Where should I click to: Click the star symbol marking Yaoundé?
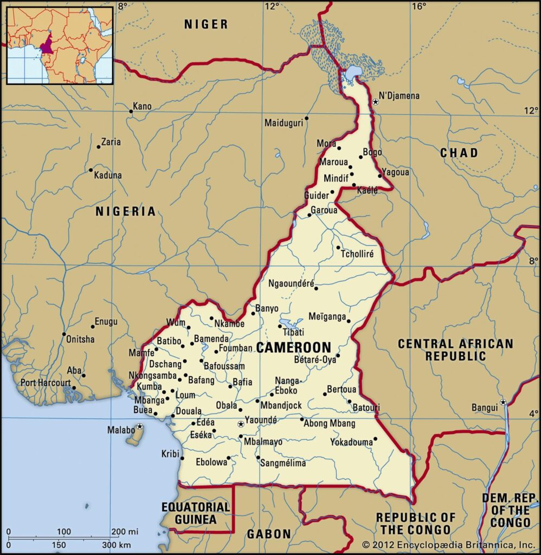[x=241, y=424]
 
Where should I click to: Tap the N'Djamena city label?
[x=399, y=96]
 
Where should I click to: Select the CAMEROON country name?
[x=293, y=347]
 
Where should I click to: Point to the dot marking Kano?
[x=131, y=112]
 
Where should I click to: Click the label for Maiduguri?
[x=283, y=123]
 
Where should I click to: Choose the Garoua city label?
[x=324, y=210]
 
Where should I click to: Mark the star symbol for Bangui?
[x=503, y=402]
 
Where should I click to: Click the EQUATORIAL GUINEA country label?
[x=196, y=513]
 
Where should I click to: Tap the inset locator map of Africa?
[x=60, y=44]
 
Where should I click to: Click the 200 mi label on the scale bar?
[x=125, y=531]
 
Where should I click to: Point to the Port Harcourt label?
[x=46, y=383]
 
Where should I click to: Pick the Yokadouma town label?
[x=351, y=442]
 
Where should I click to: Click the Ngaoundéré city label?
[x=291, y=283]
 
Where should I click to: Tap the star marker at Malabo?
[x=140, y=427]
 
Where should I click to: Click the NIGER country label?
[x=206, y=24]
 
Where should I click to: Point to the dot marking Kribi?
[x=182, y=459]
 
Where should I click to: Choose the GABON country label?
[x=269, y=534]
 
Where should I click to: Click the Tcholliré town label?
[x=357, y=254]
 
